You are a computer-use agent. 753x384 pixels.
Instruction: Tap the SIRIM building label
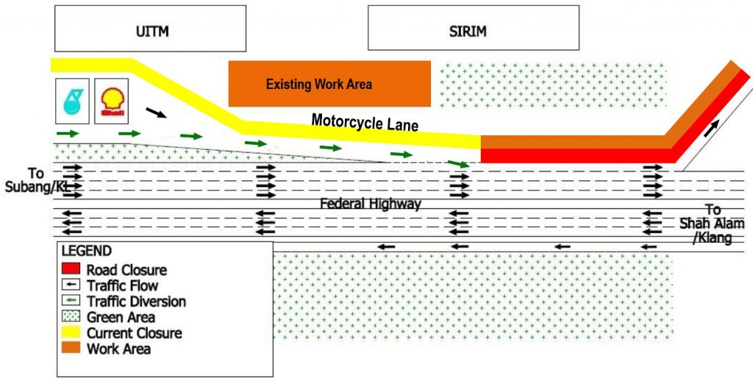468,32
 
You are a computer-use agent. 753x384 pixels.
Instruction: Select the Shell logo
112,101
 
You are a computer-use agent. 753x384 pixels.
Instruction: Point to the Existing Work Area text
318,85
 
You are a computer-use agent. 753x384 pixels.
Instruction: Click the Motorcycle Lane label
365,122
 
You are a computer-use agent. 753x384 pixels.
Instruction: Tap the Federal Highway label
370,204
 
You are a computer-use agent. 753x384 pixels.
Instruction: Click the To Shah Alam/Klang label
712,224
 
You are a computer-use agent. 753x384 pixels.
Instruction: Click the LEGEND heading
86,251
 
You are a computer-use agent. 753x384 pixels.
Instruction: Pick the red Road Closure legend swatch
70,270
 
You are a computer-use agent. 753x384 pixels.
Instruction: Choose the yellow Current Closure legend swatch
70,333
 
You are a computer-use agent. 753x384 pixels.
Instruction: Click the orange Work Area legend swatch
70,349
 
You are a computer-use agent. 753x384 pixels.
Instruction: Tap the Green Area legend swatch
70,317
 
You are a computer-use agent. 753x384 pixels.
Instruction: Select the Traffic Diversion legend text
136,302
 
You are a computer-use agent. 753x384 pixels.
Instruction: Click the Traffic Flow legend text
122,285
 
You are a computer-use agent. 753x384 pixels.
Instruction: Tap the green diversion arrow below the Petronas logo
68,133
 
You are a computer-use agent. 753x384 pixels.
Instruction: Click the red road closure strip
574,155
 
